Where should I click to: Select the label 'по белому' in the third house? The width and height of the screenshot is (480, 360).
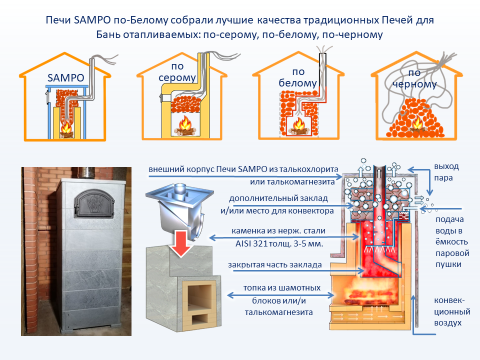point(297,77)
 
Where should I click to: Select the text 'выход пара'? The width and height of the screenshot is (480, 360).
point(446,172)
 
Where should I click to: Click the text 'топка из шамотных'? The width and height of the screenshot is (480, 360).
point(281,288)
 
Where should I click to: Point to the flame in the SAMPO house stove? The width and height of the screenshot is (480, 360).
point(65,129)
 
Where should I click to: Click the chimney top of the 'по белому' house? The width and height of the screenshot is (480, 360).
point(322,51)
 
